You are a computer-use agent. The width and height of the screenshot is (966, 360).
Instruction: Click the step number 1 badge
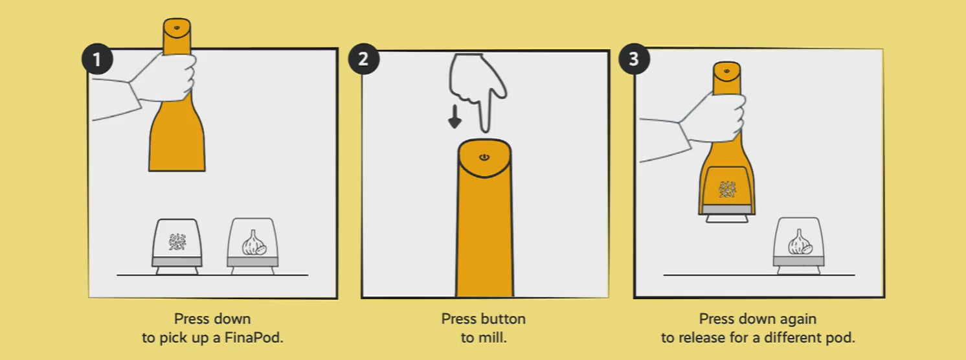pyautogui.click(x=98, y=59)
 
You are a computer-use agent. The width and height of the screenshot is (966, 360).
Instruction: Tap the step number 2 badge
pyautogui.click(x=363, y=59)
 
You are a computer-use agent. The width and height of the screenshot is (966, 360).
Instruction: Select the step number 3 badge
pyautogui.click(x=634, y=59)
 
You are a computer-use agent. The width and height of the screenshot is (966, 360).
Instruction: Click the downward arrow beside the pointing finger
pyautogui.click(x=455, y=117)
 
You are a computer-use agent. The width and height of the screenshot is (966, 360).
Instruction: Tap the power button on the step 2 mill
pyautogui.click(x=484, y=157)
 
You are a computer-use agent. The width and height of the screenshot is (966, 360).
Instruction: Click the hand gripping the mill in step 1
pyautogui.click(x=163, y=78)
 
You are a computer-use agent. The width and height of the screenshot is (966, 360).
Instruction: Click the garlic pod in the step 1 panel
pyautogui.click(x=253, y=246)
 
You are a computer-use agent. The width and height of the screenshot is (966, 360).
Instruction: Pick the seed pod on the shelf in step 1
pyautogui.click(x=177, y=246)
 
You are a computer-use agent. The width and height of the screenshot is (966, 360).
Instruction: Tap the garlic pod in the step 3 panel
pyautogui.click(x=799, y=246)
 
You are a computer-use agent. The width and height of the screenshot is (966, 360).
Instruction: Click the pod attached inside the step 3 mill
pyautogui.click(x=727, y=194)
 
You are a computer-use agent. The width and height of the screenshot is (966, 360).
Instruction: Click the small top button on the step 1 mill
pyautogui.click(x=177, y=28)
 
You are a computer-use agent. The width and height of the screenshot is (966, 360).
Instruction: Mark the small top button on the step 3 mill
pyautogui.click(x=726, y=71)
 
